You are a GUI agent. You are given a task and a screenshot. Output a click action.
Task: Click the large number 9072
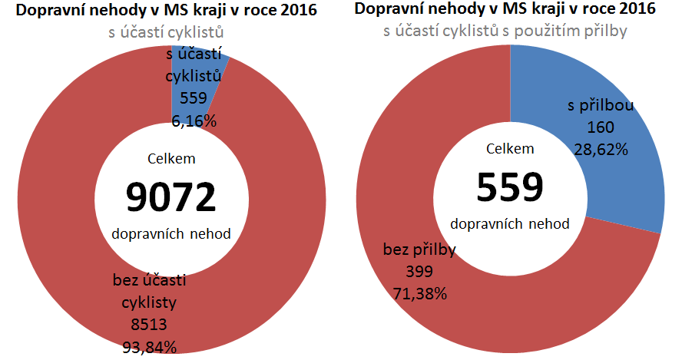point(171,197)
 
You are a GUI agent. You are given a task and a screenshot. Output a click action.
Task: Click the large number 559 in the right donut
point(510,186)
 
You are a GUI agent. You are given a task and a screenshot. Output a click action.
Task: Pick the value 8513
point(149,324)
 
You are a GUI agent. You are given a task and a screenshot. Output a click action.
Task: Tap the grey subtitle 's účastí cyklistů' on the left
point(170,32)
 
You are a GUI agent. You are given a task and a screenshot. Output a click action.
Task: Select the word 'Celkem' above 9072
point(170,159)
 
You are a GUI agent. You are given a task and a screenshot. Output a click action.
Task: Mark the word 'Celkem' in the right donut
point(510,148)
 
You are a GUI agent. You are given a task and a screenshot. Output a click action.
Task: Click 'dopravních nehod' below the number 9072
point(171,233)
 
